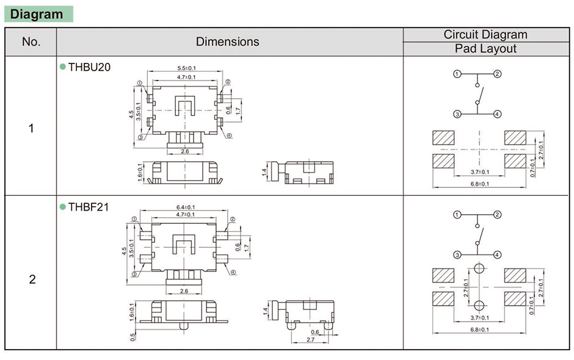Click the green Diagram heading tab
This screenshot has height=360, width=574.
point(38,14)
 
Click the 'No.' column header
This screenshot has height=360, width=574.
point(31,42)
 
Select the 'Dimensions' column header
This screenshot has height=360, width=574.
point(227,42)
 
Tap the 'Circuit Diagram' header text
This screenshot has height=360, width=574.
point(485,35)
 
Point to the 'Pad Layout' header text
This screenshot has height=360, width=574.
point(485,49)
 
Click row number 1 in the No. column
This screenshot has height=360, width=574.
point(31,129)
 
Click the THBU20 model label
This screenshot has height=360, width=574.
point(89,67)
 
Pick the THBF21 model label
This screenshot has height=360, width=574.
point(89,207)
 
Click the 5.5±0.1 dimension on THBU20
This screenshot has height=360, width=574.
point(186,68)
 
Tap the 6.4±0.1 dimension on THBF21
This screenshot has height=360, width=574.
point(186,207)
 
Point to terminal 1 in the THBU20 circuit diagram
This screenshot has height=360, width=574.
point(457,74)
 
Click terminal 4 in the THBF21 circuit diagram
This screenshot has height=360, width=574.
point(498,254)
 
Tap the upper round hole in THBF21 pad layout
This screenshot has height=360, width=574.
point(479,268)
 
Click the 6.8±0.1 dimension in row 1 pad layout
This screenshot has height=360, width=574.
point(479,184)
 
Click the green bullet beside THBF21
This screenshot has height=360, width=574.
point(62,207)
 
